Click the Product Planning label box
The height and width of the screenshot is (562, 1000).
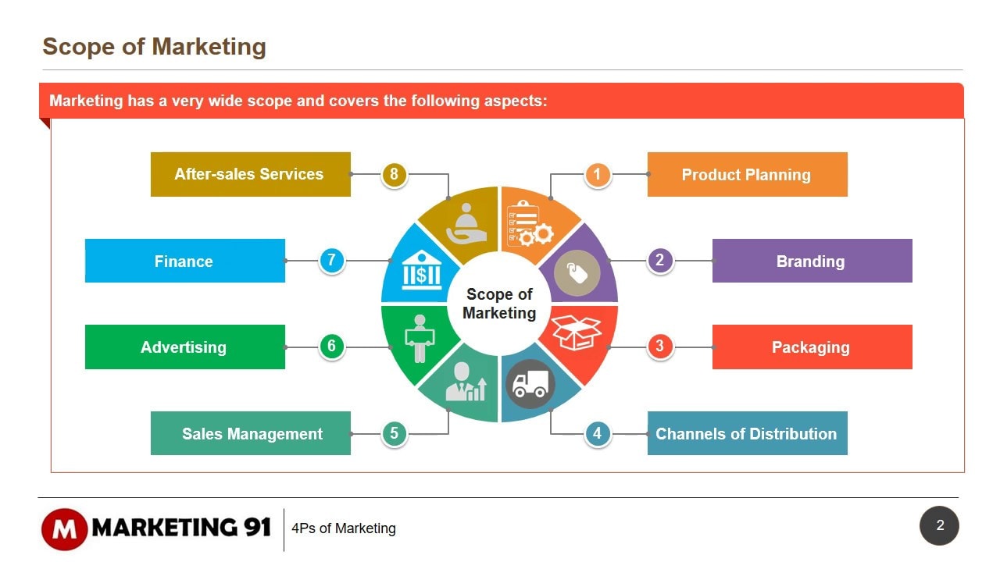pyautogui.click(x=747, y=174)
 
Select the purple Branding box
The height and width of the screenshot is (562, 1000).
pyautogui.click(x=812, y=261)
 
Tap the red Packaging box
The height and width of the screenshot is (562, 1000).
pyautogui.click(x=812, y=347)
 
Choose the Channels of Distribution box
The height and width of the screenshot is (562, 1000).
pyautogui.click(x=747, y=433)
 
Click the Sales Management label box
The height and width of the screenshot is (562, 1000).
pyautogui.click(x=251, y=433)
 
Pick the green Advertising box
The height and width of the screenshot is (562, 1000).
pyautogui.click(x=184, y=347)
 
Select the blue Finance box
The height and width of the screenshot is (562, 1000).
pyautogui.click(x=184, y=261)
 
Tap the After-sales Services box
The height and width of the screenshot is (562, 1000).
pyautogui.click(x=251, y=174)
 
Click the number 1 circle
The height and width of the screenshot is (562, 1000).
pyautogui.click(x=598, y=174)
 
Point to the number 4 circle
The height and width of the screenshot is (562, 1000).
pyautogui.click(x=598, y=433)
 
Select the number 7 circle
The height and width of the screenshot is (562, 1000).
pyautogui.click(x=332, y=261)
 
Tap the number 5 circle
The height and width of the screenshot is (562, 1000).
pyautogui.click(x=395, y=433)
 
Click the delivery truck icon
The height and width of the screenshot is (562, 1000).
pyautogui.click(x=530, y=383)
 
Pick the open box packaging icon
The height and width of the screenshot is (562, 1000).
pyautogui.click(x=577, y=332)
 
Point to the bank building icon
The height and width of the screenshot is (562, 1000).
pyautogui.click(x=421, y=270)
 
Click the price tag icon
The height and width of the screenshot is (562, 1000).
pyautogui.click(x=577, y=274)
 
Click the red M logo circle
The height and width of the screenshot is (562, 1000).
pyautogui.click(x=64, y=528)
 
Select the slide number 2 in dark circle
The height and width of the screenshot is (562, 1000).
pyautogui.click(x=939, y=525)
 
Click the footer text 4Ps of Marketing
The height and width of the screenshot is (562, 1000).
pyautogui.click(x=344, y=528)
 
